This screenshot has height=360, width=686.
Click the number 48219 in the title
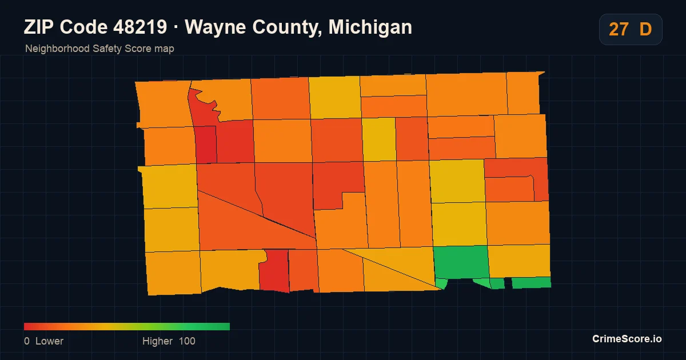[x=140, y=27]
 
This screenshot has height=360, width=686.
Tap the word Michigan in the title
[x=370, y=27]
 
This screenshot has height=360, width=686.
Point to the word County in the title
[x=287, y=27]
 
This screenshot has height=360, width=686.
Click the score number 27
[x=619, y=29]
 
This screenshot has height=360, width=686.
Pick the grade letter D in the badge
[x=645, y=29]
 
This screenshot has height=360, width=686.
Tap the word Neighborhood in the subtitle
[x=57, y=49]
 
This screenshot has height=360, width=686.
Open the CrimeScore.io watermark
[x=627, y=339]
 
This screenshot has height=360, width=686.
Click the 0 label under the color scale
[x=27, y=341]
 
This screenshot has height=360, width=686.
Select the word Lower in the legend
[x=49, y=341]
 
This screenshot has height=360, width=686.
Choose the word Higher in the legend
[x=157, y=341]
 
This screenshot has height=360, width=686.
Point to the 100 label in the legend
[x=187, y=341]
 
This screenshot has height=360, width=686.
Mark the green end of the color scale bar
[x=226, y=326]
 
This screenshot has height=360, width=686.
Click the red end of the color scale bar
[x=27, y=326]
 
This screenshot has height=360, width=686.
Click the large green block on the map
[x=461, y=262]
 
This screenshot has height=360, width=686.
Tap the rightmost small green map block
[x=531, y=282]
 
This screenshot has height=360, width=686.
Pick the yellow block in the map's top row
[x=335, y=97]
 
